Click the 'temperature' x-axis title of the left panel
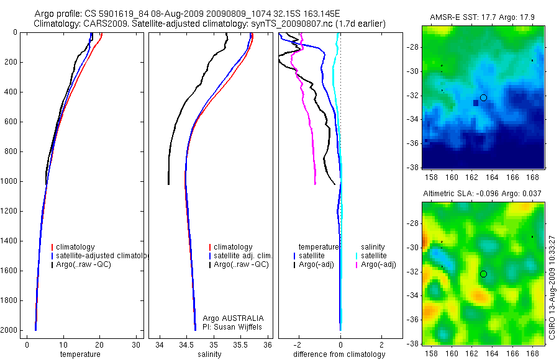(x=80, y=354)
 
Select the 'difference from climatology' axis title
(x=339, y=354)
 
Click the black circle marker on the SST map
(x=483, y=97)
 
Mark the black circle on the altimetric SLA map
(x=483, y=274)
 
